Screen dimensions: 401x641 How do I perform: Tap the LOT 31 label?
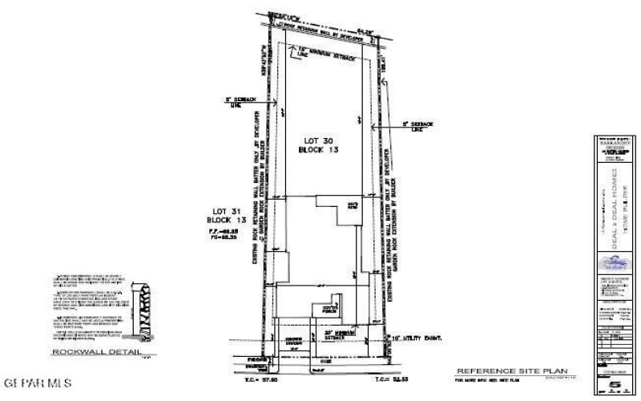tap(218, 210)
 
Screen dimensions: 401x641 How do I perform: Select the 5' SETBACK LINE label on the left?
tap(240, 103)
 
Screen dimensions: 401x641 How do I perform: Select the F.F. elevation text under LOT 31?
tap(220, 230)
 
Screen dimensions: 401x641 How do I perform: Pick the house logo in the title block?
tap(615, 261)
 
